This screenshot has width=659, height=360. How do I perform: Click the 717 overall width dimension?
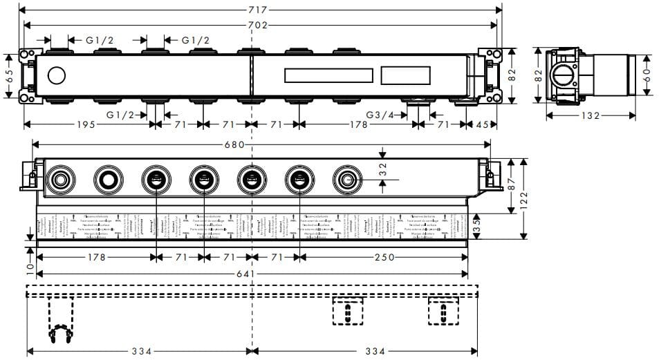[x=256, y=10]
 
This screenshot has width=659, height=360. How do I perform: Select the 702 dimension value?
[x=256, y=26]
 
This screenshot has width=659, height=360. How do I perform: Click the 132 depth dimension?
[x=588, y=116]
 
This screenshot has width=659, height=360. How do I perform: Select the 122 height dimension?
[x=525, y=198]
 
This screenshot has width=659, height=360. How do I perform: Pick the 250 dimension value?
[x=384, y=258]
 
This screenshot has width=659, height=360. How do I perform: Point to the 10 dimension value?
[x=29, y=267]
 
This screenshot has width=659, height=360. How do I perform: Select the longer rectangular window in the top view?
[x=329, y=76]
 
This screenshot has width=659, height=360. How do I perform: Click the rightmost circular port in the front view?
[x=345, y=181]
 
